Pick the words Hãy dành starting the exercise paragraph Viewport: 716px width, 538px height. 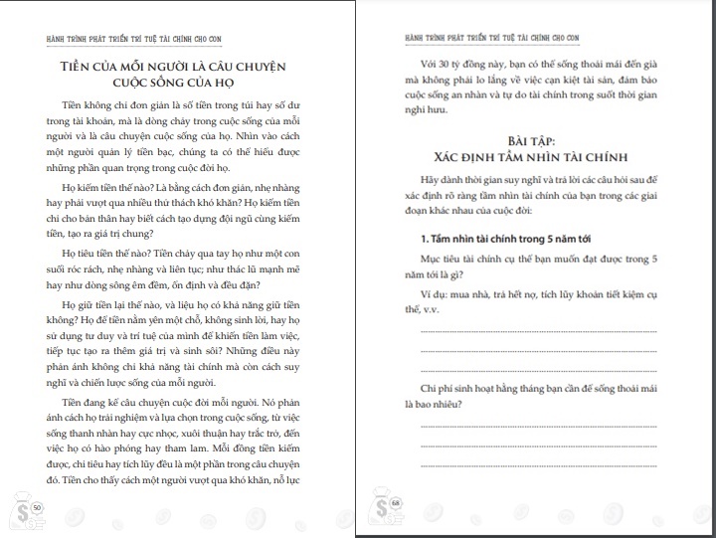coord(444,179)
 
